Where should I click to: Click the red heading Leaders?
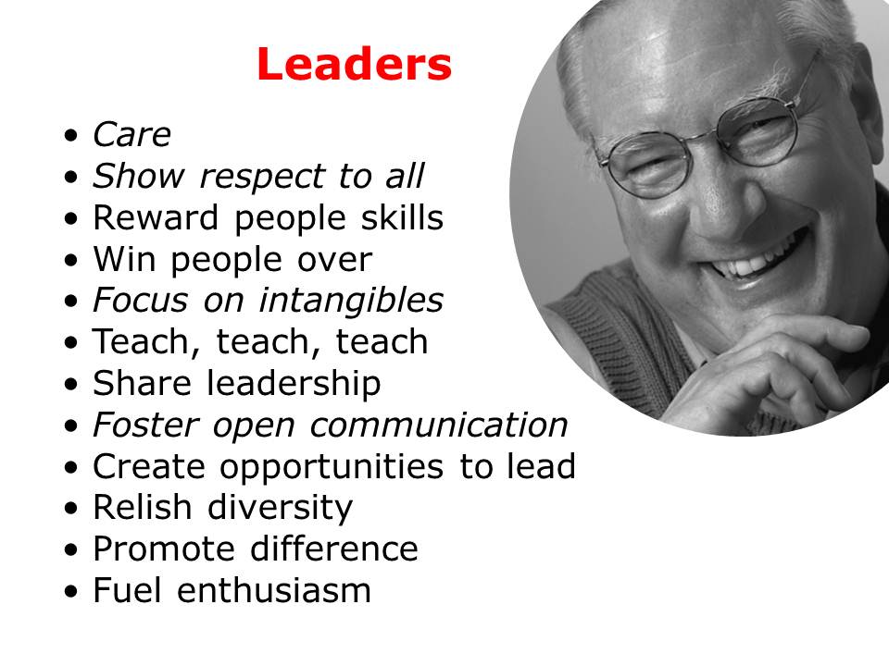(354, 64)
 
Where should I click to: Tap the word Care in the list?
(131, 135)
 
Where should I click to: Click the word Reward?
(156, 217)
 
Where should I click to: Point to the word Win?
(124, 259)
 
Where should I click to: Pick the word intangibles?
(351, 300)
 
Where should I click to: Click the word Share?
(142, 383)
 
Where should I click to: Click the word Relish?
(143, 507)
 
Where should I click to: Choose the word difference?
(334, 549)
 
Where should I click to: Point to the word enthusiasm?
(274, 589)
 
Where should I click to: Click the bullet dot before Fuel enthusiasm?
(71, 592)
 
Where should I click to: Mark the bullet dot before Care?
(71, 137)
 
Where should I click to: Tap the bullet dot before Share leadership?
(71, 385)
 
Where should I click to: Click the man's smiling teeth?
(748, 261)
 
